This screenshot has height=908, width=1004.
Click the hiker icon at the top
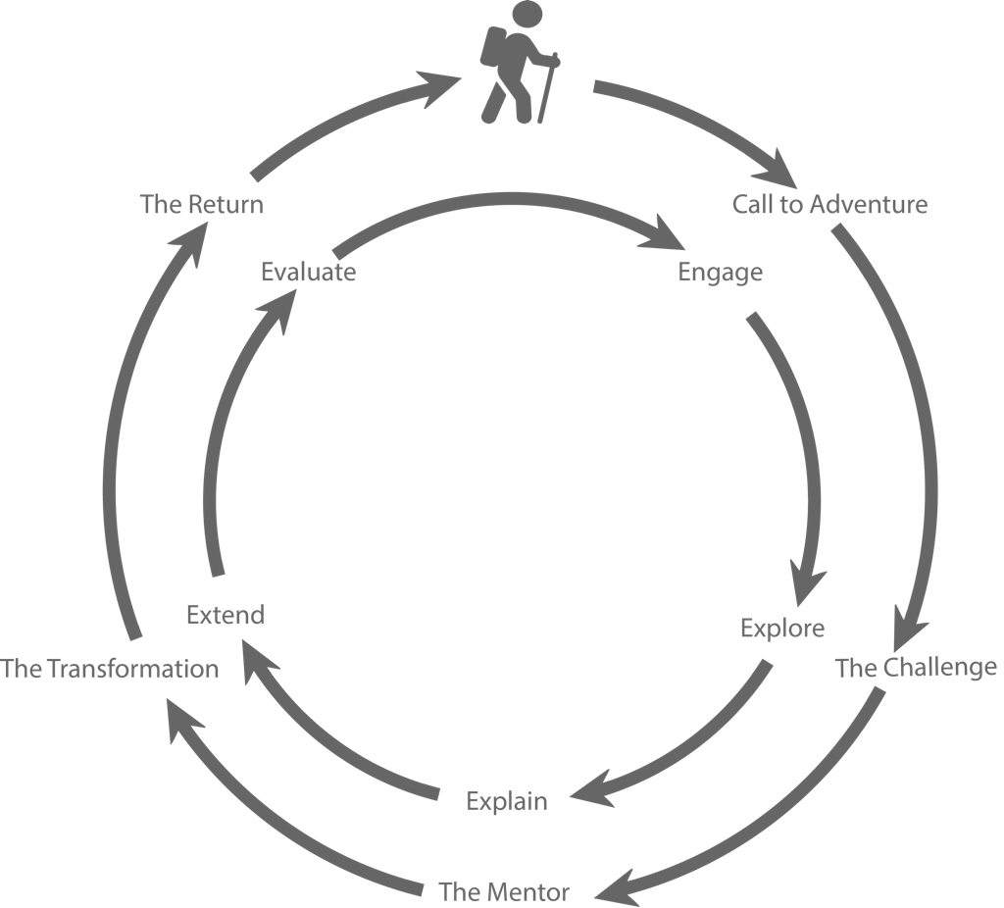(x=520, y=62)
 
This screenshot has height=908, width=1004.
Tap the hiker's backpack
(x=493, y=47)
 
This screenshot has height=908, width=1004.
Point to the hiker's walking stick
(x=548, y=87)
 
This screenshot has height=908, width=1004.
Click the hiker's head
(x=527, y=13)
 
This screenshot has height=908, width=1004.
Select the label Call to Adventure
(x=829, y=204)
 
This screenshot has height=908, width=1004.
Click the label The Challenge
(x=917, y=668)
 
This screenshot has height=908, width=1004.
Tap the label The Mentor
(x=504, y=891)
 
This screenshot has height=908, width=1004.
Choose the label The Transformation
(x=110, y=669)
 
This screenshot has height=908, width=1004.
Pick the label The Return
(x=202, y=204)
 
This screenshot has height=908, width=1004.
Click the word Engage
(x=721, y=273)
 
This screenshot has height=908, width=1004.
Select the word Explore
(x=782, y=629)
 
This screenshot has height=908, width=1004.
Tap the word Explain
(x=507, y=802)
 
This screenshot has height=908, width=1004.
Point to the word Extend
(x=226, y=615)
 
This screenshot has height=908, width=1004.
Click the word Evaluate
(x=309, y=272)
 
